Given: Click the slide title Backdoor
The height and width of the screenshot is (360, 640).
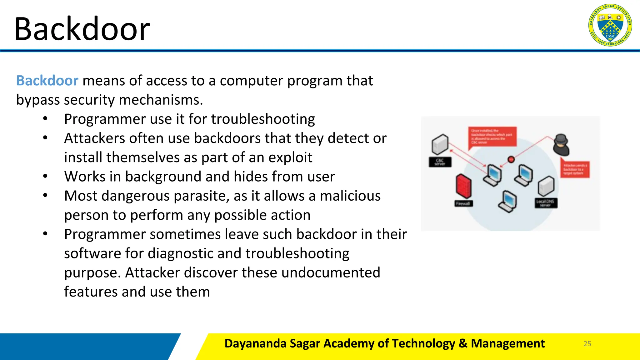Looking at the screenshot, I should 82,29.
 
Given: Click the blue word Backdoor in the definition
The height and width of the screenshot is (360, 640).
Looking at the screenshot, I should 47,81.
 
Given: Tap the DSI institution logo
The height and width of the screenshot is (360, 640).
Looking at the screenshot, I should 610,25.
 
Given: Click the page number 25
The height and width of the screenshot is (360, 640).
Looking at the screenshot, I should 587,344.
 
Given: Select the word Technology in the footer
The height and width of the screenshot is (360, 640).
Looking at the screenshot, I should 423,343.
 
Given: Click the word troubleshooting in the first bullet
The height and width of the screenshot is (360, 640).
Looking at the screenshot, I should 263,119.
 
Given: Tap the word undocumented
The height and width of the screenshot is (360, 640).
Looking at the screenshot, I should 331,272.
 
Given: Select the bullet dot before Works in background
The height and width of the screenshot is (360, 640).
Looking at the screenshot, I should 45,177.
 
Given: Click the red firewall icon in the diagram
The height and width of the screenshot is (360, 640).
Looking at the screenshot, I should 463,186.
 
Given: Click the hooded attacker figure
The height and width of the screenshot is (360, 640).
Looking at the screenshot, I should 561,145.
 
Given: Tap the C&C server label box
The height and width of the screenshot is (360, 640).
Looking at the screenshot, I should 440,162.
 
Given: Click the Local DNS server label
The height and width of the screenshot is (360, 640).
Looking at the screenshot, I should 546,203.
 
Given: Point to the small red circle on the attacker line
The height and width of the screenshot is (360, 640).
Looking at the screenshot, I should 511,160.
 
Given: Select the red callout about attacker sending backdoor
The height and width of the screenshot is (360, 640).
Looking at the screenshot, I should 575,169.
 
